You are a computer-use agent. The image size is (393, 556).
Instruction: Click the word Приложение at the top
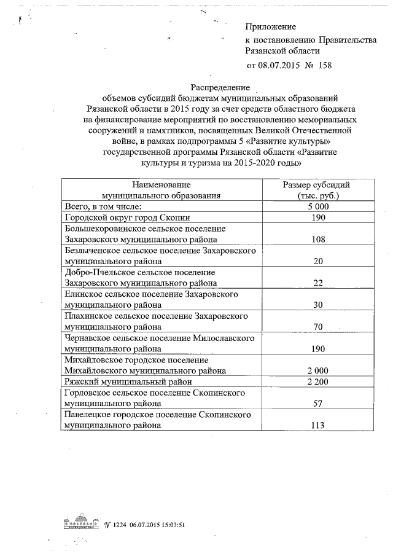pyautogui.click(x=270, y=27)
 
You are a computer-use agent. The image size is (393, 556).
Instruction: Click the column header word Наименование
pyautogui.click(x=161, y=184)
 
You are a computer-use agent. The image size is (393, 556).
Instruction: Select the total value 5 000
pyautogui.click(x=318, y=207)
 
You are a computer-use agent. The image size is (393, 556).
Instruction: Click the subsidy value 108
pyautogui.click(x=318, y=240)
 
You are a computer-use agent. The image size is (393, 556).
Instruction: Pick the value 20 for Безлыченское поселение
pyautogui.click(x=318, y=261)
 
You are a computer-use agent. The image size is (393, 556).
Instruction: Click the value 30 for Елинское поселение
pyautogui.click(x=318, y=305)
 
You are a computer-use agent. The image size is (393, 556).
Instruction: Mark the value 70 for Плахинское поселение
pyautogui.click(x=318, y=326)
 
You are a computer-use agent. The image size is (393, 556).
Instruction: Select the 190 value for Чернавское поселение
pyautogui.click(x=318, y=348)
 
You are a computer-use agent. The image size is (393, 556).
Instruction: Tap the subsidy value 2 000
pyautogui.click(x=318, y=370)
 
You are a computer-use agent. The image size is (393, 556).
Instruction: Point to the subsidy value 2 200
pyautogui.click(x=318, y=382)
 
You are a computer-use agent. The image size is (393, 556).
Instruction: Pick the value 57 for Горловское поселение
pyautogui.click(x=318, y=404)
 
